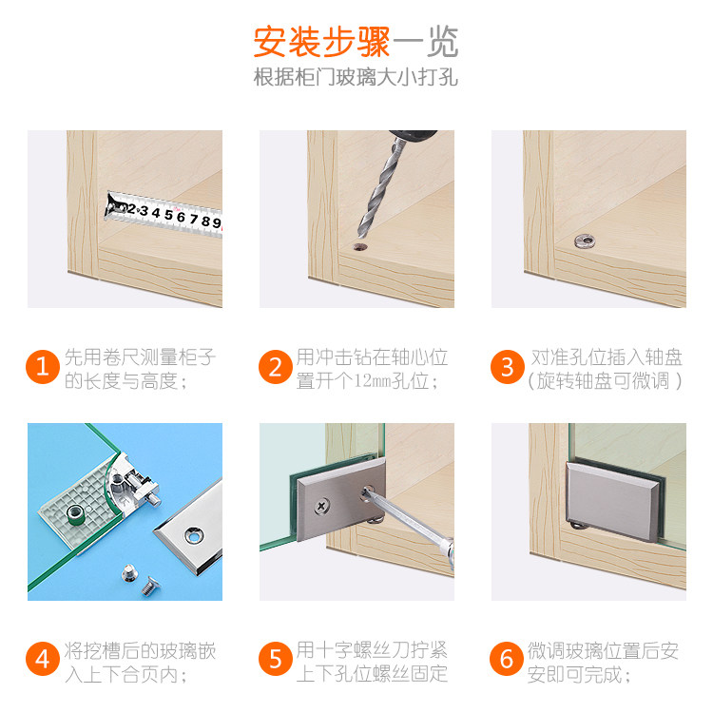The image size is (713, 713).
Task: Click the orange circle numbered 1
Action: click(x=43, y=367)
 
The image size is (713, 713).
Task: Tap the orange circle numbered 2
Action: click(x=275, y=367)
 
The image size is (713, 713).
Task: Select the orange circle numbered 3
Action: click(x=508, y=367)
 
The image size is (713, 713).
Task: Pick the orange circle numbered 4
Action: click(x=43, y=659)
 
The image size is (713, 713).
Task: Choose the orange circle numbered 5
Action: click(x=275, y=659)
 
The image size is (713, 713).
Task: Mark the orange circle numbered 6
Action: click(x=507, y=659)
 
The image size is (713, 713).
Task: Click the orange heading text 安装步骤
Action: click(x=321, y=42)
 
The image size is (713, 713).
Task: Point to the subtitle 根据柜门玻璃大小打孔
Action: click(x=356, y=77)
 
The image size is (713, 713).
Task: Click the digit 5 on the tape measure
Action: click(x=168, y=214)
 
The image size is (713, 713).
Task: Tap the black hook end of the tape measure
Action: click(x=111, y=205)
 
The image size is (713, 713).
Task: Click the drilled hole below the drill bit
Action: click(x=360, y=247)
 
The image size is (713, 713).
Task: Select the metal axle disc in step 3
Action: click(x=585, y=241)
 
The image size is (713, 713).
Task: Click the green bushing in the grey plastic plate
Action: click(x=75, y=514)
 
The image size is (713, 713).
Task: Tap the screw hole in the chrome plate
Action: click(x=194, y=534)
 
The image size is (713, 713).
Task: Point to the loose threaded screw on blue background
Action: click(x=149, y=587)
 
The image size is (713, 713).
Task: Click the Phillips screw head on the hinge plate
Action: click(x=322, y=506)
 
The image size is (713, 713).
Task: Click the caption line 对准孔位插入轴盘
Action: click(x=607, y=357)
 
